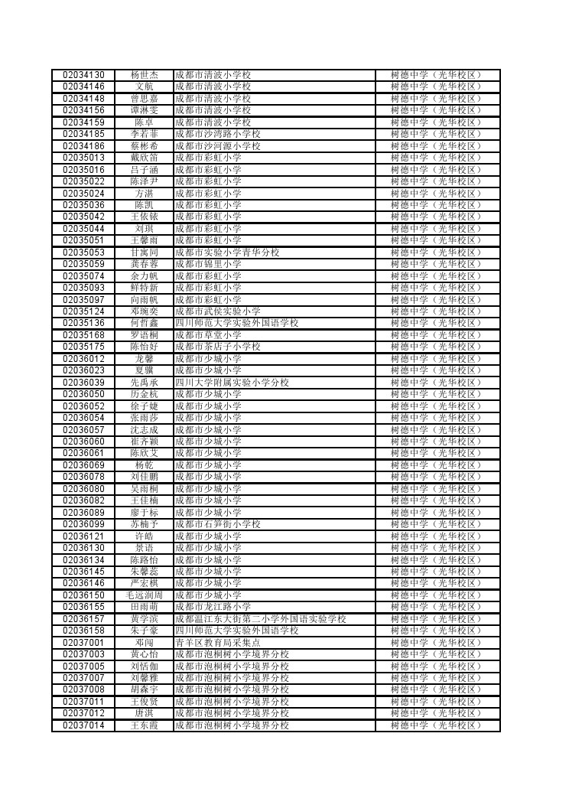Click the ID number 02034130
click(83, 75)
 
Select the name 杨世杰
click(144, 75)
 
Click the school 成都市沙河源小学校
click(218, 146)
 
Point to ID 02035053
click(83, 253)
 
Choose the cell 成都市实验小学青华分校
click(227, 253)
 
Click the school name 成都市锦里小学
click(208, 264)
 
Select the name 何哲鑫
click(144, 323)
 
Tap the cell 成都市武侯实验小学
click(218, 311)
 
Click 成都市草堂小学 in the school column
click(208, 335)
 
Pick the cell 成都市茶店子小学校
click(218, 347)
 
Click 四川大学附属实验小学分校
click(232, 383)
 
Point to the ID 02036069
click(83, 465)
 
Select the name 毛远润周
click(144, 595)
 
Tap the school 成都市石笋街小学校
click(218, 524)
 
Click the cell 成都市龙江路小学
click(213, 607)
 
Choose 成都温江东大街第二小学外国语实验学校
click(261, 619)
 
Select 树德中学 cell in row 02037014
click(437, 725)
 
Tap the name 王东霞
click(144, 725)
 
